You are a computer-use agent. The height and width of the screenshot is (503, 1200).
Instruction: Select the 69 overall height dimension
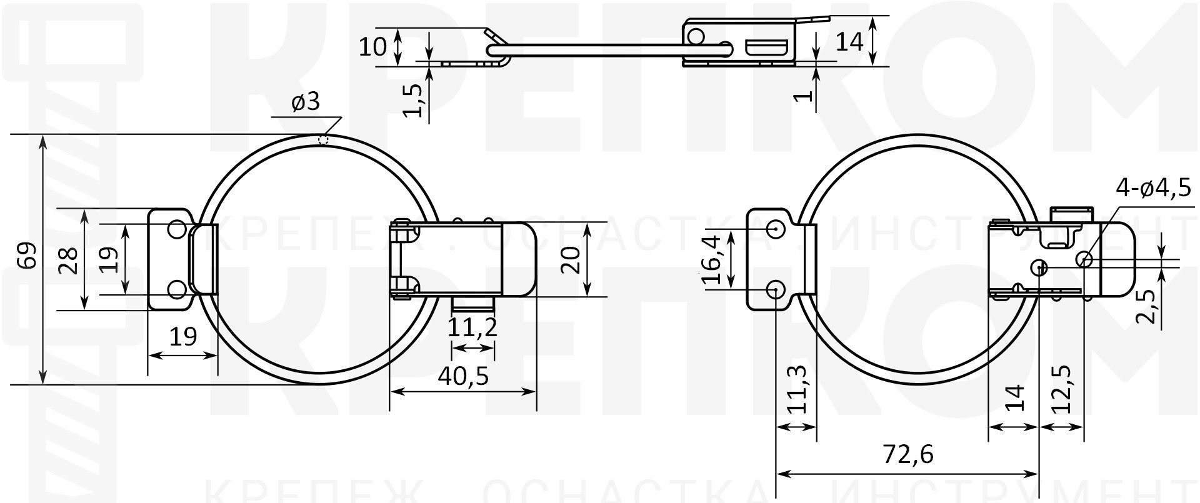pos(26,257)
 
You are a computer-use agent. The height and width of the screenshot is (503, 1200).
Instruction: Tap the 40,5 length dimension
pos(462,376)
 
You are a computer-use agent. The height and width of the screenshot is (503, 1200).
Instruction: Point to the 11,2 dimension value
pos(473,327)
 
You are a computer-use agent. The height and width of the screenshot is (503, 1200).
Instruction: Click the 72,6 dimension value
pos(907,455)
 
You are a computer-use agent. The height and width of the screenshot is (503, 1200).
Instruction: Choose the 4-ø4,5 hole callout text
pos(1154,188)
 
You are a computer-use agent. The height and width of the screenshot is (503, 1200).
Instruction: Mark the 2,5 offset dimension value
pos(1145,306)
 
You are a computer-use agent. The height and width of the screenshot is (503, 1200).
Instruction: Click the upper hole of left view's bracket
pos(177,229)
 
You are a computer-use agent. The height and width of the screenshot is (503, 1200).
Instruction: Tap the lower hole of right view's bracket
pos(776,289)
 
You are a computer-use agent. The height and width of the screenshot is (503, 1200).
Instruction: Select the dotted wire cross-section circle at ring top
pos(323,139)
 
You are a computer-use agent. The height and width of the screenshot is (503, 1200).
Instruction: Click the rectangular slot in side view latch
pos(766,47)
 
